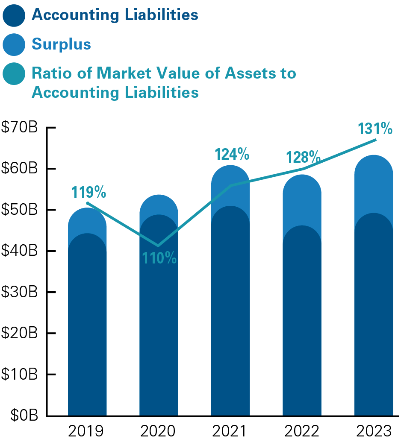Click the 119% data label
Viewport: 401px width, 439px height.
[x=88, y=192]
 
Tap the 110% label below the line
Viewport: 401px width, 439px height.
[x=159, y=258]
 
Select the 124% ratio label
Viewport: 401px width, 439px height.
[x=232, y=154]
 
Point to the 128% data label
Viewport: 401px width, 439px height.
[x=303, y=157]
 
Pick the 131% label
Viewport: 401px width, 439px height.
[x=375, y=129]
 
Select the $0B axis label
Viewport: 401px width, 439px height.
[x=23, y=415]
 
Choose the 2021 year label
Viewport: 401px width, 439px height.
[x=230, y=431]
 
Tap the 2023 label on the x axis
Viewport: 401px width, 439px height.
[x=373, y=431]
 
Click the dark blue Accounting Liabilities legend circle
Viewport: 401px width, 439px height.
[x=14, y=15]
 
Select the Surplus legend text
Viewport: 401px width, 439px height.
[x=61, y=44]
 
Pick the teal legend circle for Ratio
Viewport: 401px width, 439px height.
[x=14, y=73]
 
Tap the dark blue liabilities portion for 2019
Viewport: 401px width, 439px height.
[x=87, y=325]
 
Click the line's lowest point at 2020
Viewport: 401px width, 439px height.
[x=159, y=245]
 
